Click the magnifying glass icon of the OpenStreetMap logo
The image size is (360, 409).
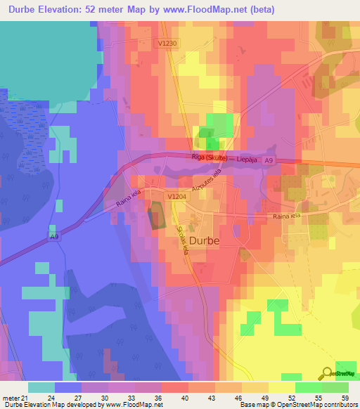pos(327,374)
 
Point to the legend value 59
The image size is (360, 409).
pos(345,397)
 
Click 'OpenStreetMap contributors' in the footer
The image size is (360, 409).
pos(317,405)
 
